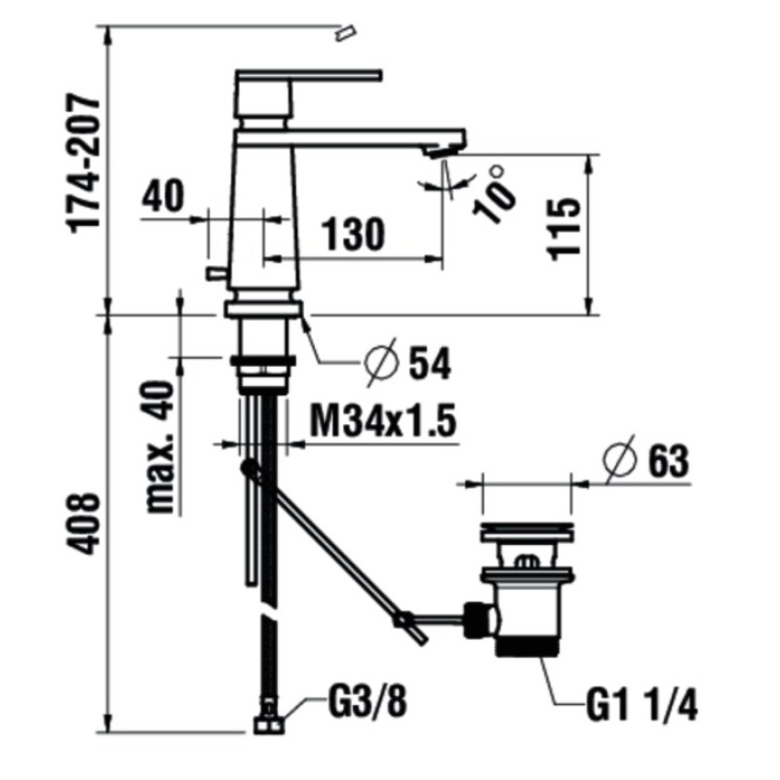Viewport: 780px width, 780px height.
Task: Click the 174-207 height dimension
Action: [x=84, y=164]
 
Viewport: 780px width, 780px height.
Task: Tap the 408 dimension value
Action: [x=84, y=524]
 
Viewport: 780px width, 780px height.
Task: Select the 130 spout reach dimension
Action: [x=353, y=234]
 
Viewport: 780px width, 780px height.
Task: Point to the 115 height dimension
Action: [x=564, y=229]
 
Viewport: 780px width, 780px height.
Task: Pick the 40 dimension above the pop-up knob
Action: [x=163, y=196]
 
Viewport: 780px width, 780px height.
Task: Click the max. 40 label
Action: [x=160, y=447]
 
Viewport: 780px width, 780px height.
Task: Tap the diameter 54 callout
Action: [x=408, y=363]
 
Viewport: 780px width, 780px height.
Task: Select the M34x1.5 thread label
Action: [x=382, y=420]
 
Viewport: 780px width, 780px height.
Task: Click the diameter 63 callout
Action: [x=646, y=460]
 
